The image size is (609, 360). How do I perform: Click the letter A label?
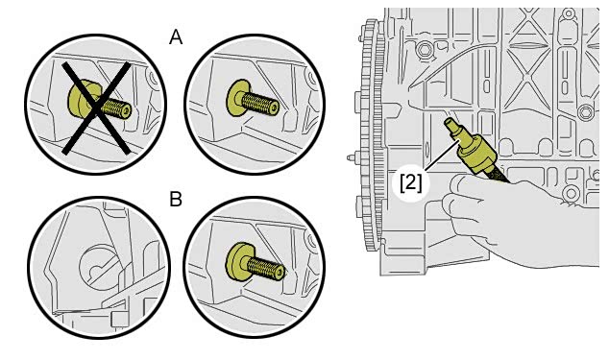click(x=176, y=37)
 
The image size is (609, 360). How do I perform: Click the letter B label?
click(x=176, y=200)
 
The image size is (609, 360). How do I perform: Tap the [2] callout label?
click(x=411, y=181)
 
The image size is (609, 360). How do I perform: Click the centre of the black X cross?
click(x=96, y=108)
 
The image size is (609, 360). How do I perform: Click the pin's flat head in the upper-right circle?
click(x=237, y=98)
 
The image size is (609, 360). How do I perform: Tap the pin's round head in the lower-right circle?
click(x=238, y=260)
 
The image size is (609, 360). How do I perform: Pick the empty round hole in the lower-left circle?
click(x=97, y=265)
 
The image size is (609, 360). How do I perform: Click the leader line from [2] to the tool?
click(x=442, y=156)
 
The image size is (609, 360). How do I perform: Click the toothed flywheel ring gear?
click(x=370, y=136)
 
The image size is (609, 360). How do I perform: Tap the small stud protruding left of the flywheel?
click(x=352, y=157)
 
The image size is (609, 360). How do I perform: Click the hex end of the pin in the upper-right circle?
click(x=275, y=108)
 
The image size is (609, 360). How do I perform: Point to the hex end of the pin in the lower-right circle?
click(x=280, y=273)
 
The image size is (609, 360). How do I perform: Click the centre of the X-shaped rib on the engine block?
click(x=527, y=78)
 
